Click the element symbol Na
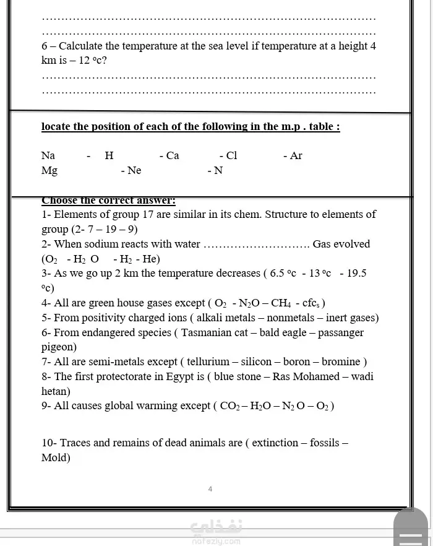pos(48,155)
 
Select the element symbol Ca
pos(173,155)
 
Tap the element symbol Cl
pos(231,155)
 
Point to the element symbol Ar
pos(296,155)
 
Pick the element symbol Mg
pos(49,171)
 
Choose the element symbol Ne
pos(134,170)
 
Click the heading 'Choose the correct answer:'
pos(108,201)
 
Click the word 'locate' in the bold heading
pos(56,127)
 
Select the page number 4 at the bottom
pos(210,489)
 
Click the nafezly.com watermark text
pos(216,540)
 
